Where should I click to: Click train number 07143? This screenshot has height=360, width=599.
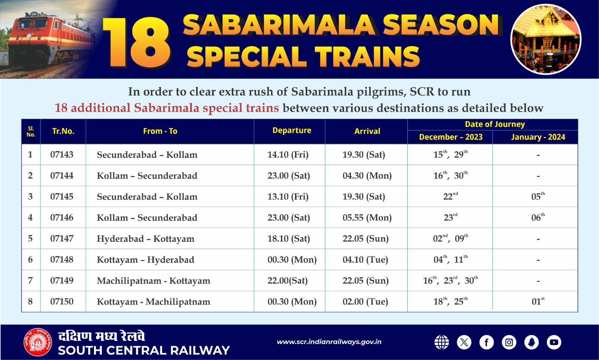tap(62, 155)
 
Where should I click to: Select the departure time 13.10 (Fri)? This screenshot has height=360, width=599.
tap(288, 196)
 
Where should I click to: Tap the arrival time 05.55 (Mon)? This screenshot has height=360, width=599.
tap(367, 217)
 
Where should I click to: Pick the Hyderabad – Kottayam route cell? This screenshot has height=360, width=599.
tap(145, 239)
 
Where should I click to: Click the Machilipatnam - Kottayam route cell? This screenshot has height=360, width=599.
tap(153, 281)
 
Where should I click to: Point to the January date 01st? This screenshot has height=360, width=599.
tap(538, 302)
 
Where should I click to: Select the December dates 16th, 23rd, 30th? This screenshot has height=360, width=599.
tap(450, 281)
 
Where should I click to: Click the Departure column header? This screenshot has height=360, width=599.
tap(292, 131)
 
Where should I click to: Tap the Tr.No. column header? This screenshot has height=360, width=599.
tap(63, 131)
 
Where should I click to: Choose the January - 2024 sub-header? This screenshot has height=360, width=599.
tap(538, 137)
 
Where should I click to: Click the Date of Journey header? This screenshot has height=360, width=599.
tap(495, 125)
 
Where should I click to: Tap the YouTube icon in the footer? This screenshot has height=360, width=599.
tap(554, 342)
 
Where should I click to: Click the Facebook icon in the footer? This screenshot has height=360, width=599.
tap(486, 342)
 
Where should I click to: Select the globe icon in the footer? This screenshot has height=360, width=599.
tap(441, 342)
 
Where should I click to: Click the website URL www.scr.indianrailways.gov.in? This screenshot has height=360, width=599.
tap(329, 342)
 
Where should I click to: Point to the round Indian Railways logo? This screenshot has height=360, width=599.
tap(38, 342)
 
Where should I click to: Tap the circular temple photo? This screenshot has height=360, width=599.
tap(545, 39)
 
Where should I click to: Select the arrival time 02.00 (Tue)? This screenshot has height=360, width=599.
tap(365, 302)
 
